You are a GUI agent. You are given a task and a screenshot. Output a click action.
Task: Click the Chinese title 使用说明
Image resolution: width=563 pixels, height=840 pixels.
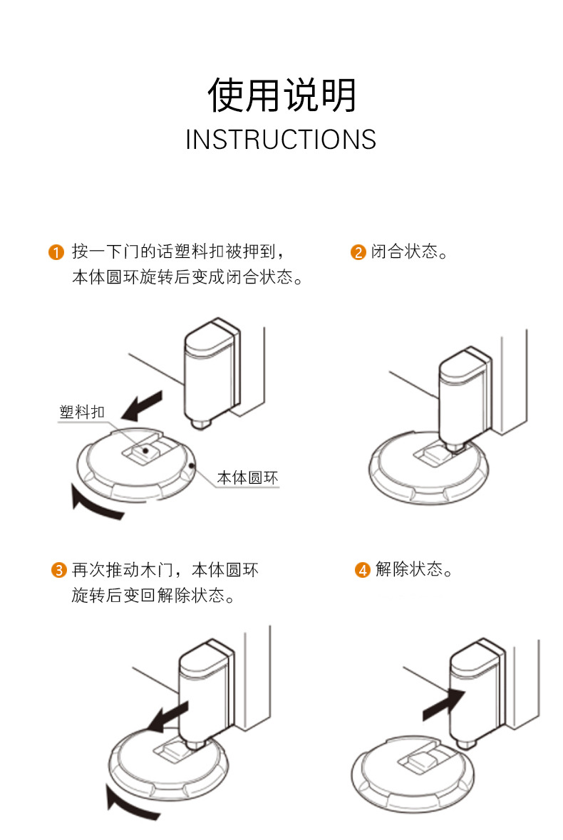point(281,95)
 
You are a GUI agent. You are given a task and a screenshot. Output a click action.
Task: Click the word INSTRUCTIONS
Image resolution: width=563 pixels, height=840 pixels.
point(281,140)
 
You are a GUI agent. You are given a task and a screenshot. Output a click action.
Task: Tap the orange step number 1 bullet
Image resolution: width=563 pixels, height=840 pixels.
point(56,252)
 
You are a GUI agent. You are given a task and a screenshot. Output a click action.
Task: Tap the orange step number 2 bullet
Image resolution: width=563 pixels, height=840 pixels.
point(358,252)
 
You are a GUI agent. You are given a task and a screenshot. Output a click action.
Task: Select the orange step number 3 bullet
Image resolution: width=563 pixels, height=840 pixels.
point(58,570)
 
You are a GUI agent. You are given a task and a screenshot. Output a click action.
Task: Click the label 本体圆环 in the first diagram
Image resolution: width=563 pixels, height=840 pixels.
point(247,477)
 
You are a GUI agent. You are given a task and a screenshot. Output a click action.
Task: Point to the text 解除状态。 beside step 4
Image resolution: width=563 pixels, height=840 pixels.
point(414,570)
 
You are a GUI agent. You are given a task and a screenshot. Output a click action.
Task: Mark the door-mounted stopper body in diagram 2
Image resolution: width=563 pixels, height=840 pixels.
point(463,395)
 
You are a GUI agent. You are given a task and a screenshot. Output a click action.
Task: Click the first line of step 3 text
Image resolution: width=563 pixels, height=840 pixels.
point(165,570)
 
